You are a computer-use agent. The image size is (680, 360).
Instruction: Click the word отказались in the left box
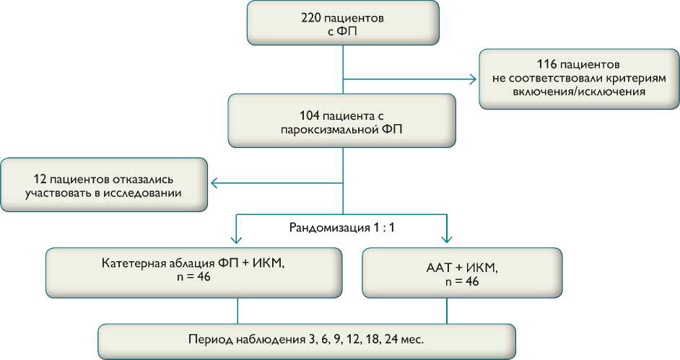(152, 178)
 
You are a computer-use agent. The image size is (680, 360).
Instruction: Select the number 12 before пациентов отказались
(40, 178)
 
